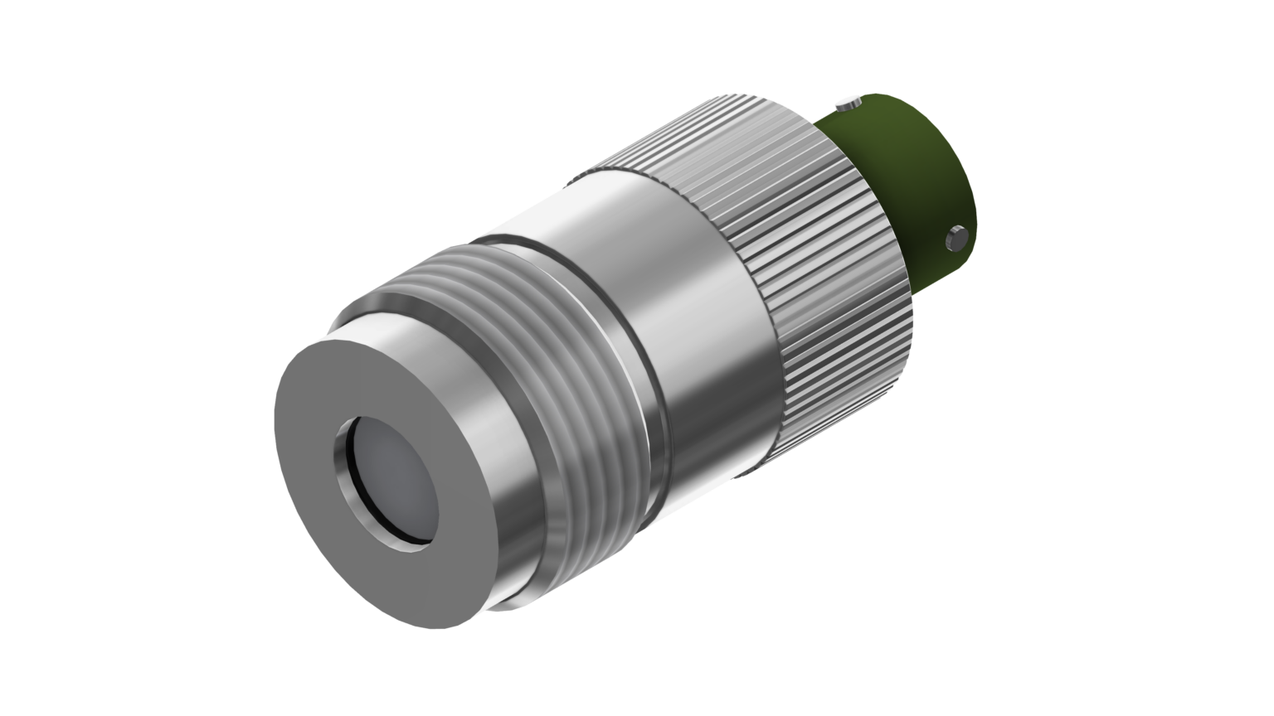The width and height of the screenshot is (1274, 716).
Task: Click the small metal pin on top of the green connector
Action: pos(847,104)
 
